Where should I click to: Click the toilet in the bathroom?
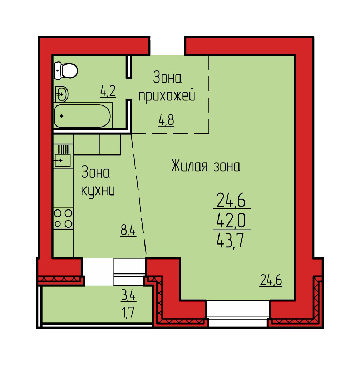tap(66, 70)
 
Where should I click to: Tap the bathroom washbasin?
tap(62, 94)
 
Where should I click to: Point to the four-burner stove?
tap(63, 218)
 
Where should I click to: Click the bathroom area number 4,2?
tap(108, 91)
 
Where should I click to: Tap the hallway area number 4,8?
tap(166, 120)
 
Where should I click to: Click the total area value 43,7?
tap(230, 241)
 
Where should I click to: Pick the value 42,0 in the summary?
tap(231, 221)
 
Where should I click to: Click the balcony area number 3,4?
tap(129, 296)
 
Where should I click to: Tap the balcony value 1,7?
tap(128, 312)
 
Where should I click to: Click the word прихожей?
tap(167, 96)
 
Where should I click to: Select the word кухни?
tap(98, 191)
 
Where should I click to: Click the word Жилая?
tap(189, 166)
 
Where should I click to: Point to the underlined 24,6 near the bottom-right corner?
tap(271, 280)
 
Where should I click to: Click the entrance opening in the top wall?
tap(167, 46)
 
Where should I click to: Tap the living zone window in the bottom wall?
tap(238, 313)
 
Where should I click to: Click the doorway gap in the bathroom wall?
tap(129, 89)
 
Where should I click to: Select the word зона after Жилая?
tap(227, 167)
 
